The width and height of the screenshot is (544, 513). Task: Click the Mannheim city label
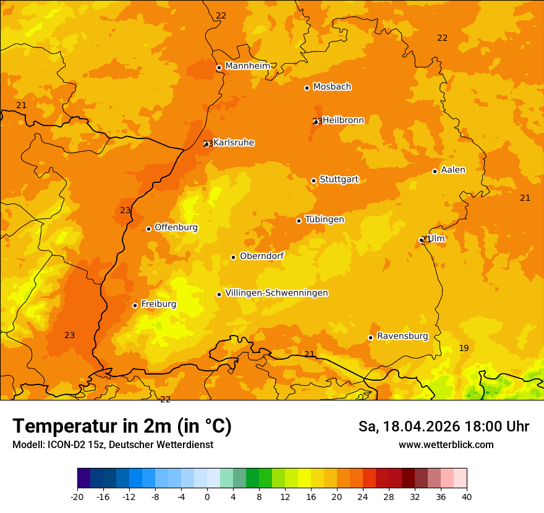247,66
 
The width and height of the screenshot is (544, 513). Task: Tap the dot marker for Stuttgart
314,180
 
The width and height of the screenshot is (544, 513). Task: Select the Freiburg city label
158,304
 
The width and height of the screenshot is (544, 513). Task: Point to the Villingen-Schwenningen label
276,293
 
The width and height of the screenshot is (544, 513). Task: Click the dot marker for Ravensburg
371,337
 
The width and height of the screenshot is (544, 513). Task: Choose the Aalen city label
453,170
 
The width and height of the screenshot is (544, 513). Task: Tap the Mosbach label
332,87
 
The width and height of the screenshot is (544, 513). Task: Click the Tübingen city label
325,219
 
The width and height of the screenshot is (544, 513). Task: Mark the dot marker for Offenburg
149,229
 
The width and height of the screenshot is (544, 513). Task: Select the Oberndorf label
262,256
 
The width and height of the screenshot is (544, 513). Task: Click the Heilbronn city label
343,121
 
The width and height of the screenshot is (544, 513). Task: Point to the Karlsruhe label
234,143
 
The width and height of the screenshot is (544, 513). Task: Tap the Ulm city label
436,239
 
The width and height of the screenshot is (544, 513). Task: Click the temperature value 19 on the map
464,349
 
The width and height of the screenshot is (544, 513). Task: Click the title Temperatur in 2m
122,426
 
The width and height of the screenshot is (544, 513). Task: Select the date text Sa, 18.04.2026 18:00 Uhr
443,426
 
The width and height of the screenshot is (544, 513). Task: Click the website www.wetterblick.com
446,445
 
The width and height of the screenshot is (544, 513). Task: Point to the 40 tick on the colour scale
467,496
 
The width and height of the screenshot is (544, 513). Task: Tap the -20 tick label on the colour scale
77,496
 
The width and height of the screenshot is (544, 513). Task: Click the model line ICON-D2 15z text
113,445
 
